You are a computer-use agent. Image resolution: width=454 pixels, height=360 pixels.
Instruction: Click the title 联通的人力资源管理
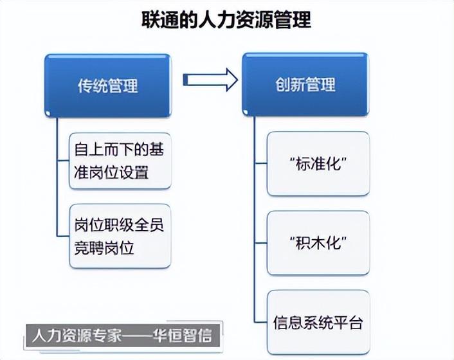[x=226, y=20]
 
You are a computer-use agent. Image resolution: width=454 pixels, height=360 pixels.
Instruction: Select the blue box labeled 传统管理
[x=107, y=85]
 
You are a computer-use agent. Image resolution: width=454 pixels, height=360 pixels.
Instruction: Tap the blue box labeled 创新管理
[x=305, y=84]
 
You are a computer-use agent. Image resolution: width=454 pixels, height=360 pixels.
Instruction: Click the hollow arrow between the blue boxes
[x=210, y=80]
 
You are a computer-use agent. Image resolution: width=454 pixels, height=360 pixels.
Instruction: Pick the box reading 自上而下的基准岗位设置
[x=120, y=161]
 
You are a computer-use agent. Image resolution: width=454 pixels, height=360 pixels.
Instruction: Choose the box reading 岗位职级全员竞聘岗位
[x=120, y=236]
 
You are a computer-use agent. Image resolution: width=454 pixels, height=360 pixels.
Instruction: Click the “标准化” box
[x=318, y=164]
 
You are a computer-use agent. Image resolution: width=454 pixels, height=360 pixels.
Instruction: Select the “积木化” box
[x=318, y=243]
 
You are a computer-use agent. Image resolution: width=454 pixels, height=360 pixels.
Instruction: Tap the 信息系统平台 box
[x=318, y=322]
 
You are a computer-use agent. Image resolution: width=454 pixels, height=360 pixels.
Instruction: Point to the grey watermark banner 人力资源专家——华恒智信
[x=123, y=336]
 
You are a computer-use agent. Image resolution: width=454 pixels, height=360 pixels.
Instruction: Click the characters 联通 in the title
[x=160, y=20]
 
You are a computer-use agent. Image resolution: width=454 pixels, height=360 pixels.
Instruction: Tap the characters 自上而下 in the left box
[x=104, y=149]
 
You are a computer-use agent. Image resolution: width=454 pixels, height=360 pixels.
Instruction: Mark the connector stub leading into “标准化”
[x=261, y=164]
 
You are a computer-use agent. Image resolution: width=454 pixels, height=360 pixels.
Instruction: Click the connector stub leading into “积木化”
[x=261, y=243]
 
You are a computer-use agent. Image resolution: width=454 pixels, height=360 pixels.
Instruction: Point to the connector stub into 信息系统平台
[x=261, y=322]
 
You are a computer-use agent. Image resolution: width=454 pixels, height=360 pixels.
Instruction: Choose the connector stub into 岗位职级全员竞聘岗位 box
[x=63, y=236]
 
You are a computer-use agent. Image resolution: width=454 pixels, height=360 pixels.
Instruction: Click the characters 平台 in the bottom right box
[x=348, y=323]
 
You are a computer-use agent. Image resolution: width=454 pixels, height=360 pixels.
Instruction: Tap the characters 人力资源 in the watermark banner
[x=61, y=336]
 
